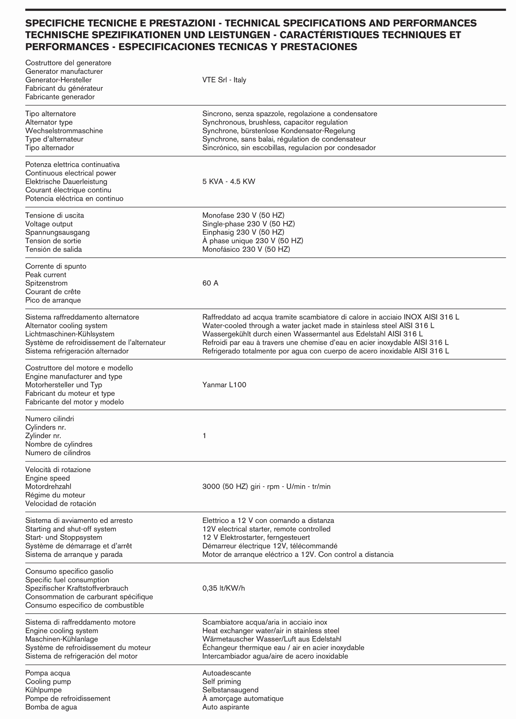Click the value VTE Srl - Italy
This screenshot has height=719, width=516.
pos(224,80)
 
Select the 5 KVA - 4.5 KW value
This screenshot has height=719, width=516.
pos(228,182)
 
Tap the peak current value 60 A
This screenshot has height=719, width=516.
pos(210,283)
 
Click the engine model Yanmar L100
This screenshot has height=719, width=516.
pos(224,385)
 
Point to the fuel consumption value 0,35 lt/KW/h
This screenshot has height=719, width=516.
pos(224,588)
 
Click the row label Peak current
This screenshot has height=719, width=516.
pos(46,275)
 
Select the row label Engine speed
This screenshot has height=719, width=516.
pos(47,478)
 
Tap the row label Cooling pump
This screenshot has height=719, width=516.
pos(48,681)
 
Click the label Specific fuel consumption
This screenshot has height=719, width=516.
pos(67,580)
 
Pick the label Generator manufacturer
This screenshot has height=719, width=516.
pos(64,72)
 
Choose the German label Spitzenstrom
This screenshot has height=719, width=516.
pos(46,283)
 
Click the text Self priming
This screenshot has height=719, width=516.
pos(222,681)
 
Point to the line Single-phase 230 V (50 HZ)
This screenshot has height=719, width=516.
pos(249,224)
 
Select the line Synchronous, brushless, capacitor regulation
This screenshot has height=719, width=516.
pos(275,122)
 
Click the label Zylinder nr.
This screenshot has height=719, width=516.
pos(43,435)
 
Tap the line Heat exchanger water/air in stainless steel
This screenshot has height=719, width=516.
pos(271,631)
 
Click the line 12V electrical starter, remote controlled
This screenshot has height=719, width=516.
pos(266,529)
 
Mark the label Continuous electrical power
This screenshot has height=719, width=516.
pos(71,173)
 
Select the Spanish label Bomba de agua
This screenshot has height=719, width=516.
pos(51,707)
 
